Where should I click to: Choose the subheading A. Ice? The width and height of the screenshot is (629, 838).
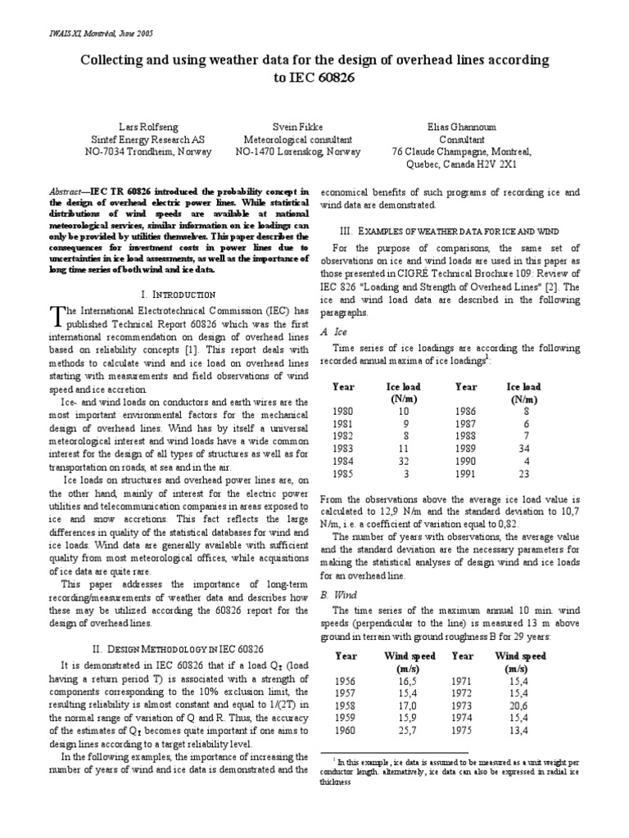tap(328, 332)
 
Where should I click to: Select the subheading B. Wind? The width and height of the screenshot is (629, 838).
tap(332, 597)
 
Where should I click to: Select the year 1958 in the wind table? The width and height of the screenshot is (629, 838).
tap(346, 705)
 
